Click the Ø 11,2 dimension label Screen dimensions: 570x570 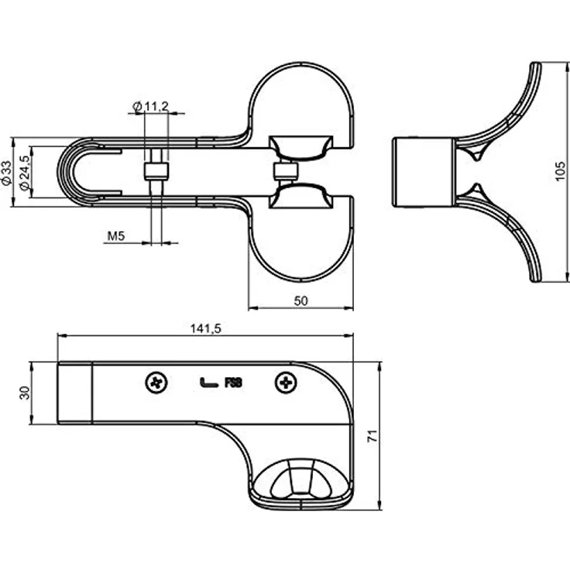coord(151,107)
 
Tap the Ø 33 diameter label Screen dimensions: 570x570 coord(6,173)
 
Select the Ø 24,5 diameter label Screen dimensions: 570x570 coord(25,173)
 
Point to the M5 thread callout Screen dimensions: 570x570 coord(116,236)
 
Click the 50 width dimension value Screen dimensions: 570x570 coord(300,301)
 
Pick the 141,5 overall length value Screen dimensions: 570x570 coord(206,328)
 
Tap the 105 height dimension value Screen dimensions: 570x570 coord(561,172)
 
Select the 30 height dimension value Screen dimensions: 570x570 coord(25,393)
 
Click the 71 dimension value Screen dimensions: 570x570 coord(373,435)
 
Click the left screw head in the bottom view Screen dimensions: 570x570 coord(156,383)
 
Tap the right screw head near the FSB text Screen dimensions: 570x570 coord(286,383)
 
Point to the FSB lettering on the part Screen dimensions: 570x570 coord(233,383)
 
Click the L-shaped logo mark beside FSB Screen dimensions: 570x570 coord(208,383)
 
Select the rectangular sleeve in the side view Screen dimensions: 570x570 coord(423,172)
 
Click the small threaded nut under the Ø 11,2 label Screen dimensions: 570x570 coord(156,171)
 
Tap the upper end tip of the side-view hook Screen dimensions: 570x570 coord(537,64)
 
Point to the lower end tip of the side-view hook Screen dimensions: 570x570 coord(537,280)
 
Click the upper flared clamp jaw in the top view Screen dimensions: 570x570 coord(300,149)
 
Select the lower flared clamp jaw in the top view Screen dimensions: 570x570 coord(300,196)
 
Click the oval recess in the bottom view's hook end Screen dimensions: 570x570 coord(300,479)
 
